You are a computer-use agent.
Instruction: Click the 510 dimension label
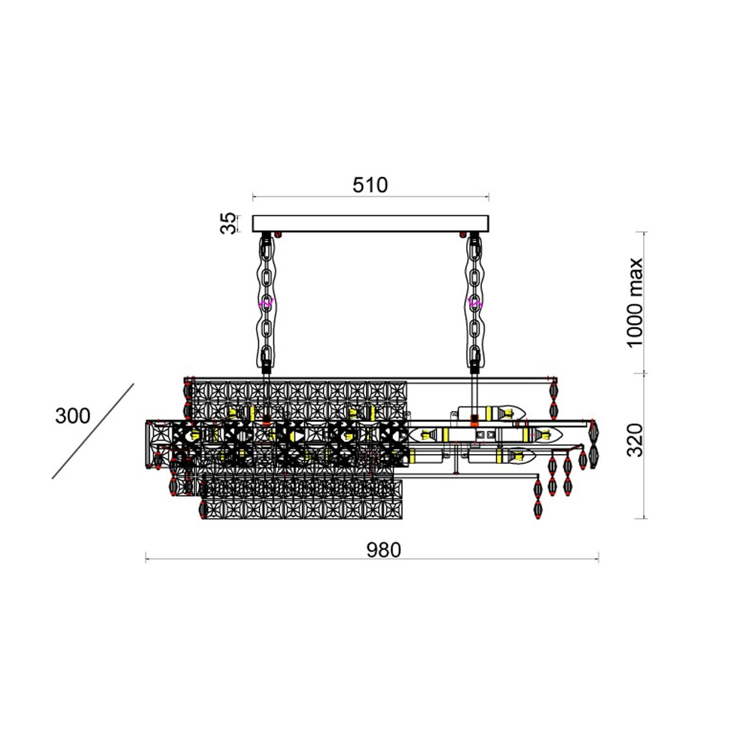coord(370,185)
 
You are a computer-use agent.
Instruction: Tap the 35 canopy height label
coord(229,224)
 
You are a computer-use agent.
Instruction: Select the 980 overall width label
coord(383,550)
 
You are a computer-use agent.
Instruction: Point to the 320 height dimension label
coord(635,441)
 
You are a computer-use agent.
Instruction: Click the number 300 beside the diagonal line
coord(72,416)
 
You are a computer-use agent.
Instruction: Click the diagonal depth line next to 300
coord(93,431)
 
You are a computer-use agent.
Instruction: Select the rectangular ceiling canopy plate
coord(370,224)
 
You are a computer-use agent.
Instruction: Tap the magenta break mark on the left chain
coord(266,303)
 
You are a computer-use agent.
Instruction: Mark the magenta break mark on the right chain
coord(474,303)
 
